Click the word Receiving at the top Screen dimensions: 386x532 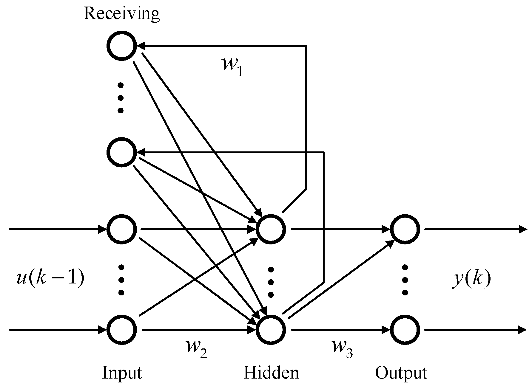click(x=121, y=14)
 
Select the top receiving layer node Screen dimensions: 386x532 click(x=121, y=46)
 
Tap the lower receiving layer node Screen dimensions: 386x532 click(x=121, y=152)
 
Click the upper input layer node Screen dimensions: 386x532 click(x=121, y=229)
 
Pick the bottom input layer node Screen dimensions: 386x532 click(x=121, y=330)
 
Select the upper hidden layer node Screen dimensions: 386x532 click(x=271, y=229)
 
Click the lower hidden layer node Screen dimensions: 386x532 click(x=271, y=330)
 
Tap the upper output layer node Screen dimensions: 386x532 click(x=405, y=229)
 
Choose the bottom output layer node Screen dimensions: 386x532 click(x=405, y=330)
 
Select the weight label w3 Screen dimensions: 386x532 click(x=342, y=348)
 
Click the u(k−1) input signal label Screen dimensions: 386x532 click(x=50, y=278)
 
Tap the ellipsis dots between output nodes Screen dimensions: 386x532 click(x=405, y=280)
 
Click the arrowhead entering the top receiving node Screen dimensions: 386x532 click(x=141, y=46)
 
